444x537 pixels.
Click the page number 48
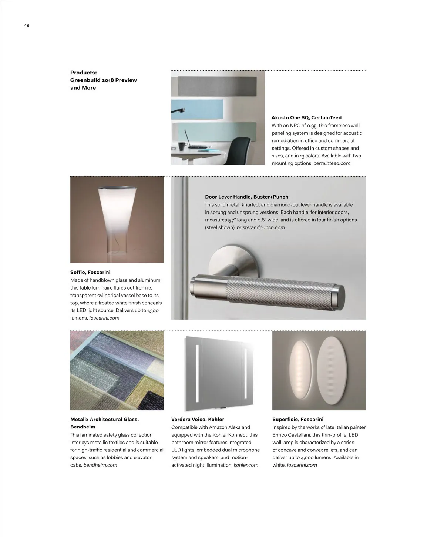coord(27,26)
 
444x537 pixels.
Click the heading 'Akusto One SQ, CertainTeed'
coord(306,118)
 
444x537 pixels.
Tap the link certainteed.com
coord(332,163)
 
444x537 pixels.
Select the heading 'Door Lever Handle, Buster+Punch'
coord(246,197)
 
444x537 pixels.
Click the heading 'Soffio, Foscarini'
coord(90,272)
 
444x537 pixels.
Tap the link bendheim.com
coord(100,465)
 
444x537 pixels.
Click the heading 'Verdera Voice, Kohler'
coord(198,420)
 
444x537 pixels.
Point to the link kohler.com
coord(246,465)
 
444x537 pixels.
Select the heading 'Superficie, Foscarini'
coord(298,420)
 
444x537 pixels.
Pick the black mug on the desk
coord(182,146)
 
